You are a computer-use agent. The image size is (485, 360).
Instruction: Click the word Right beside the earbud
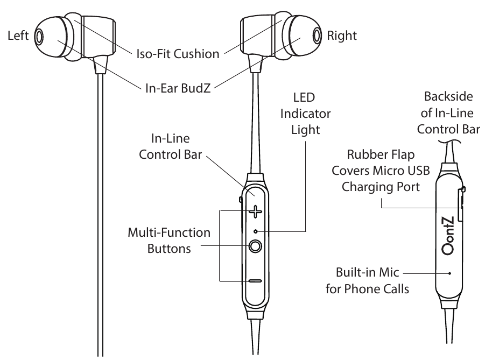(342, 36)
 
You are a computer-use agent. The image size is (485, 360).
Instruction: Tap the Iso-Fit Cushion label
(177, 53)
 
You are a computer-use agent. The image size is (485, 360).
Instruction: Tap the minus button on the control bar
(255, 281)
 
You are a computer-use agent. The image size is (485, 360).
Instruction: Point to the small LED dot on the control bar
(255, 231)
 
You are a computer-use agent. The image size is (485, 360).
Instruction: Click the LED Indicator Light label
(311, 114)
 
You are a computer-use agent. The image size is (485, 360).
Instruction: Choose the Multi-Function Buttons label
(168, 241)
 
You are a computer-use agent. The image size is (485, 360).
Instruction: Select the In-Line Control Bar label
(171, 147)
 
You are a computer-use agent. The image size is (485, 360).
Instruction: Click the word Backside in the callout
(448, 97)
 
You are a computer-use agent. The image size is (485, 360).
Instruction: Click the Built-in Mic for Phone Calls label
(368, 280)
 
